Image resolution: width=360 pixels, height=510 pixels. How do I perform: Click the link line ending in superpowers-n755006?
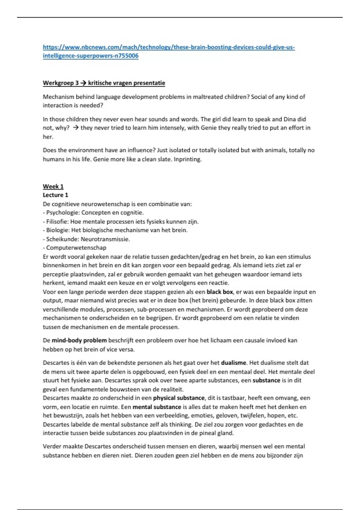[91, 56]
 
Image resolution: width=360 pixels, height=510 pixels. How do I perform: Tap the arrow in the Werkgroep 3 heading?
[83, 83]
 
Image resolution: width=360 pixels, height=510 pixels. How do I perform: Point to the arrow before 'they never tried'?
[76, 128]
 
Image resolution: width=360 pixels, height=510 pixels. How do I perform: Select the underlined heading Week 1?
[53, 186]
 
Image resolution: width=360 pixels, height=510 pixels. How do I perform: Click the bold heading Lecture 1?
[55, 195]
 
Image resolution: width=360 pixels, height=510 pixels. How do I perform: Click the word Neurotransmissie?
[105, 239]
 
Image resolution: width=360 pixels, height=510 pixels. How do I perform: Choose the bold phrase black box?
[220, 292]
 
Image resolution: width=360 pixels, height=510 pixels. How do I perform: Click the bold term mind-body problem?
[79, 340]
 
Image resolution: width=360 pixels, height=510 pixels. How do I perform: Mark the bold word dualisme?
[233, 363]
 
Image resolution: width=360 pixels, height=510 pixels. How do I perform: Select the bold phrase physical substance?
[179, 398]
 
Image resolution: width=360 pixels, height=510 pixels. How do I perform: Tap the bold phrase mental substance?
[157, 407]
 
